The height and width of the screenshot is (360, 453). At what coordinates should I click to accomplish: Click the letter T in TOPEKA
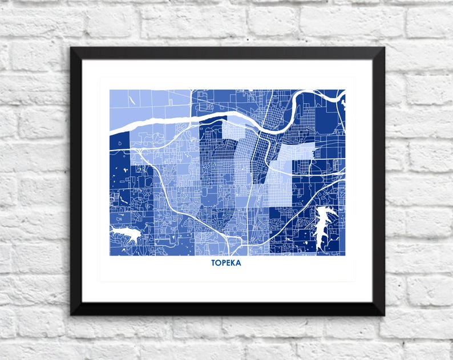click(213, 263)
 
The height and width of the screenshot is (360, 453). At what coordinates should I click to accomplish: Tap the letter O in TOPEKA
click(219, 263)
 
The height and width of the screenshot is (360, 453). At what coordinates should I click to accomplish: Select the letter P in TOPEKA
click(224, 263)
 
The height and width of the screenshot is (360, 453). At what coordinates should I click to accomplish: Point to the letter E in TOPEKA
click(229, 263)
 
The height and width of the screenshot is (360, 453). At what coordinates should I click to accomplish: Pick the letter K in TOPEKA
click(234, 263)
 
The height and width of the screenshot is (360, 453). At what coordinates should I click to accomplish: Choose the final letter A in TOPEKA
click(239, 263)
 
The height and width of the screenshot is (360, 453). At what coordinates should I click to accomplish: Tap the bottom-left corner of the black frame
click(71, 314)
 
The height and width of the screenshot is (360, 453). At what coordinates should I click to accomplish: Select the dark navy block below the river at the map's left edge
click(119, 165)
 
